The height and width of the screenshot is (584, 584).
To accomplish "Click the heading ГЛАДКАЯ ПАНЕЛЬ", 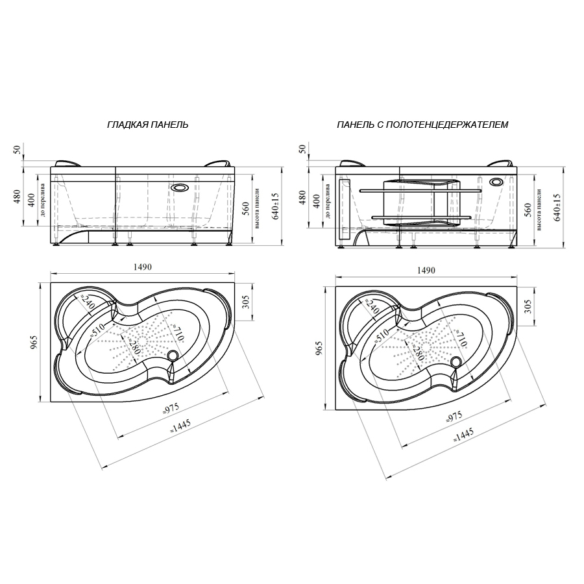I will pos(148,124).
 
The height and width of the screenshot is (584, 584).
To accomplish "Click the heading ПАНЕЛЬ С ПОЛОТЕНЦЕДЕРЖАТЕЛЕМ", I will pos(422,124).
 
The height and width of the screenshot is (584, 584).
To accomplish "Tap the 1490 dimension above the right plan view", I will pos(426,270).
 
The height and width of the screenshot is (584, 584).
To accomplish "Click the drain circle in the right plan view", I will pos(457,361).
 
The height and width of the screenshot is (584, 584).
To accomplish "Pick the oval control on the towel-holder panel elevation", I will pos(497,182).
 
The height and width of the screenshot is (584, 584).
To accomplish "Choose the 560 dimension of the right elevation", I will pos(528,208).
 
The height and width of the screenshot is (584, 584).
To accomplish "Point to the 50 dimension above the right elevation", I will pos(300,149).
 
